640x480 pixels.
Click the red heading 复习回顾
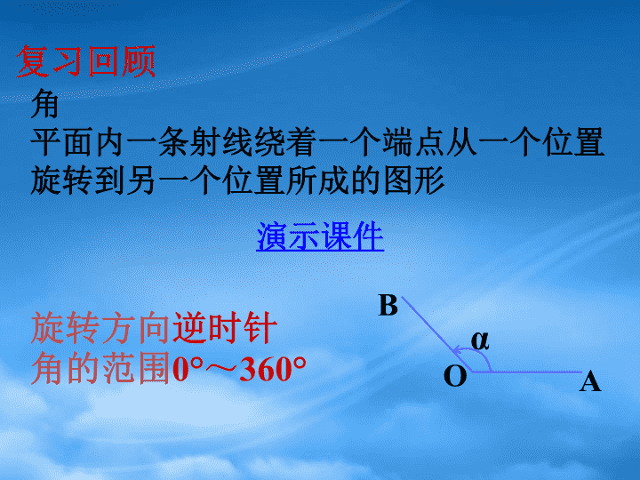click(86, 61)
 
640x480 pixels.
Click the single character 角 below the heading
click(45, 104)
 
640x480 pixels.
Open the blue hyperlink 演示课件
click(320, 236)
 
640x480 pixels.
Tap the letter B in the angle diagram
click(388, 305)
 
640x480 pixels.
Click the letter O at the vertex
click(455, 375)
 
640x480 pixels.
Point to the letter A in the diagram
click(590, 382)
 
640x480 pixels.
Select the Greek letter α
click(480, 340)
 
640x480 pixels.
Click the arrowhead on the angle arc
click(457, 350)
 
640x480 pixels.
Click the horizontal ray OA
click(526, 372)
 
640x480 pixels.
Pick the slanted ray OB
click(436, 334)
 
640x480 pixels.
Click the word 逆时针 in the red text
click(225, 328)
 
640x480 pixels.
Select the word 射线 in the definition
click(220, 142)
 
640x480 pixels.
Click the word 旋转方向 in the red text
click(100, 328)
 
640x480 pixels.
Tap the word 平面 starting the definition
click(61, 142)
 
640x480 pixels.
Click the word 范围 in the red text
click(135, 369)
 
